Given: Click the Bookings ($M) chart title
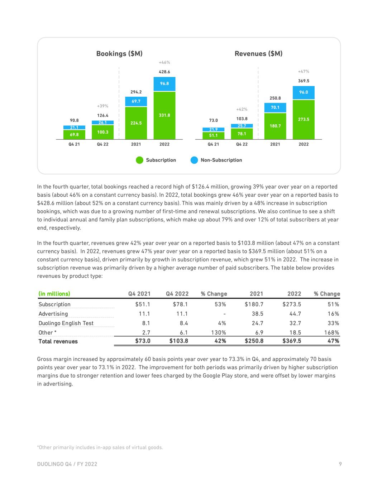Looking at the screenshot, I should (119, 54).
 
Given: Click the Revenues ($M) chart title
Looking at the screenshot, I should (258, 54).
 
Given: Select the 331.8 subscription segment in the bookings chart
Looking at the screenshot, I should (164, 115).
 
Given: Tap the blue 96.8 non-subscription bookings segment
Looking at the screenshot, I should (164, 84).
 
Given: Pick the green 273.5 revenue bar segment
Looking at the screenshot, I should (303, 119).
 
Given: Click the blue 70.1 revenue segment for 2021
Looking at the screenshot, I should (275, 107).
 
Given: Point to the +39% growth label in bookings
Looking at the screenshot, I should (102, 106).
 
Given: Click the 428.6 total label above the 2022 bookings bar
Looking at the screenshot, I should (164, 72).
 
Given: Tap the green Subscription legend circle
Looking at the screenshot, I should (140, 160).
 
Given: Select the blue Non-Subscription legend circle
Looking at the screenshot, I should (194, 160).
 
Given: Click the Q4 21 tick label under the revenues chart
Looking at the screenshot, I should (213, 144).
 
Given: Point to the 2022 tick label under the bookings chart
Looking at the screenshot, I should (164, 144).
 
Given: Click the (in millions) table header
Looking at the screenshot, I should (54, 294).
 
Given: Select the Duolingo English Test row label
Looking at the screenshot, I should (66, 323).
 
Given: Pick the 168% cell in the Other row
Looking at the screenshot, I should (331, 332).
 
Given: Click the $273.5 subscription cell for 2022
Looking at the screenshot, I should (292, 305).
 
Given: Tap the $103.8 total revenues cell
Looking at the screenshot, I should (178, 341).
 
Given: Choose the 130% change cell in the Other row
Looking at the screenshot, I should (218, 332).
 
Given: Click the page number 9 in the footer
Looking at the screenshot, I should (340, 464).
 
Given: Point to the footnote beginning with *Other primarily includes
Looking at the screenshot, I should (100, 447).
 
